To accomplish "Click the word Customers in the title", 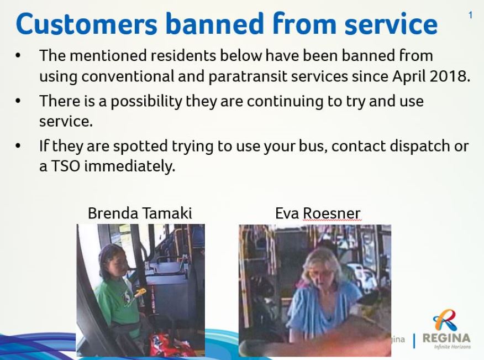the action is (x=86, y=24).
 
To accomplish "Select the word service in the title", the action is (x=391, y=24).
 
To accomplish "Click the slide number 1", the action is (x=470, y=15).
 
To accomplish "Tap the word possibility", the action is (x=146, y=102).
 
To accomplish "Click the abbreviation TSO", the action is (x=65, y=166).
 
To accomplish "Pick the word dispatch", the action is (x=419, y=147).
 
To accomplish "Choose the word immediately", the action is (x=130, y=166).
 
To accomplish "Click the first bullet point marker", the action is (x=18, y=56).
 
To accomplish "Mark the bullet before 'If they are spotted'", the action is (x=18, y=145).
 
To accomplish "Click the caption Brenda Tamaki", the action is (x=140, y=213).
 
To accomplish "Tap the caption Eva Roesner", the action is (x=318, y=213).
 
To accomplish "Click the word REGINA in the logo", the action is (x=446, y=338).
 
